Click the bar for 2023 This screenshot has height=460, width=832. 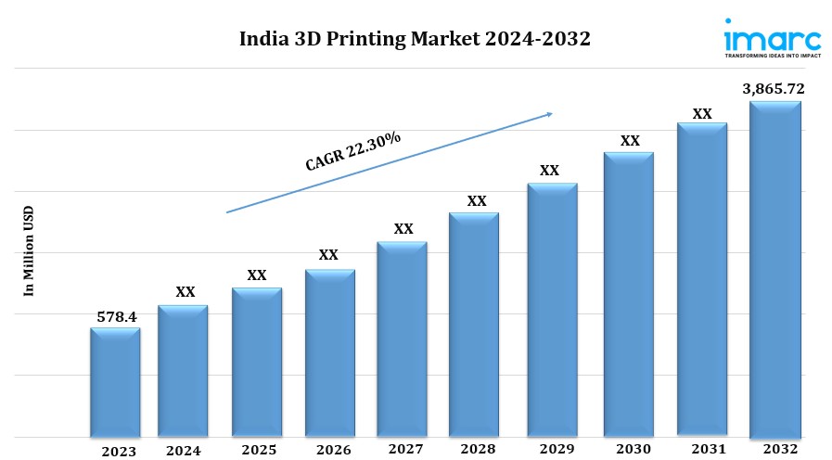(x=115, y=382)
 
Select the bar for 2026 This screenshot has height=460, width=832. (x=329, y=352)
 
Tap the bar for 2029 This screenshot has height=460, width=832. (x=552, y=310)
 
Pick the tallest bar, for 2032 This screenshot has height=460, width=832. (x=774, y=269)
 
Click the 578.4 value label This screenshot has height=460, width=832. (x=117, y=317)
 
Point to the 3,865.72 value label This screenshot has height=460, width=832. (x=774, y=89)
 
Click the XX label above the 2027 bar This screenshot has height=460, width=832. (x=403, y=228)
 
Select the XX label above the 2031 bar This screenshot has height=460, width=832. (x=702, y=113)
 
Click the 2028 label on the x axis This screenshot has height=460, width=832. (x=476, y=450)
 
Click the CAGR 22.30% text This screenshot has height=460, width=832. (x=353, y=150)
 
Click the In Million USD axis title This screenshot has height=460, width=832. (x=28, y=250)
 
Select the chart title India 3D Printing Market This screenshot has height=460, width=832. (x=415, y=40)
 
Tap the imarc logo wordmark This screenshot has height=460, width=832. (x=772, y=36)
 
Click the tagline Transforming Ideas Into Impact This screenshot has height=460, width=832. (x=772, y=56)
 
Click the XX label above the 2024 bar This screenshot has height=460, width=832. (x=186, y=292)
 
